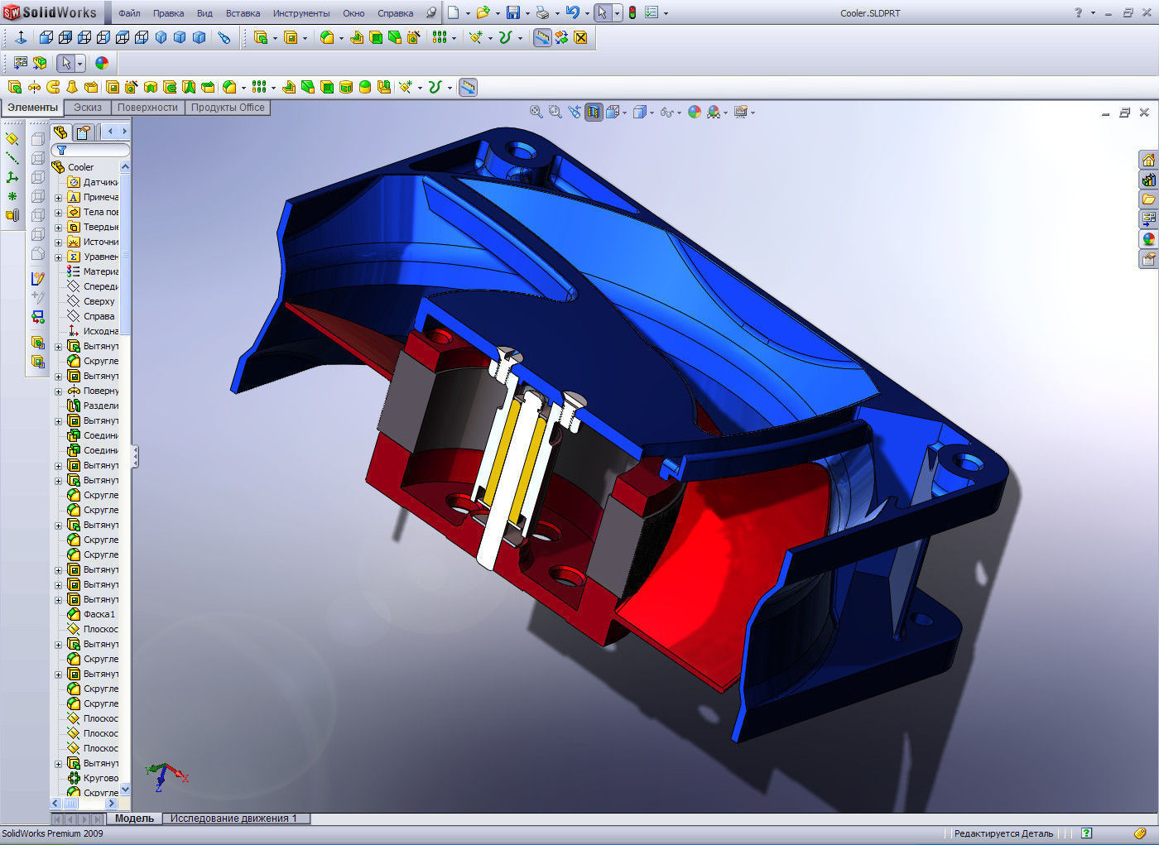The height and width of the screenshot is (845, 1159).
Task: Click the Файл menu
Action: [129, 13]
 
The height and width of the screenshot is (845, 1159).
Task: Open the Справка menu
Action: [395, 13]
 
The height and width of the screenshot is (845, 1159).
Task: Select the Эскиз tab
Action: [87, 108]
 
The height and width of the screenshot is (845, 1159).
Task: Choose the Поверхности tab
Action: [147, 108]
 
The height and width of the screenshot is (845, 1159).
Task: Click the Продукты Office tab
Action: [228, 108]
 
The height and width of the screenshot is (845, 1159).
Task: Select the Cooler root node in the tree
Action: [80, 167]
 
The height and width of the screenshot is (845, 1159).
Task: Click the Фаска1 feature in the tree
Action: [99, 614]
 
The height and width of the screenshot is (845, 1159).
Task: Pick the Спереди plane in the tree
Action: [100, 286]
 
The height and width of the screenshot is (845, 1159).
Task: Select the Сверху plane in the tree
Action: [99, 301]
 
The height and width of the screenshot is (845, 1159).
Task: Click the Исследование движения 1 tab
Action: [233, 819]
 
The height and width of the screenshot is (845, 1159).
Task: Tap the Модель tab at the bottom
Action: [134, 819]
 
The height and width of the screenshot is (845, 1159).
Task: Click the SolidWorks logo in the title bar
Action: [51, 12]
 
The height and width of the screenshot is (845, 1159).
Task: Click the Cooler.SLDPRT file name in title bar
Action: [869, 13]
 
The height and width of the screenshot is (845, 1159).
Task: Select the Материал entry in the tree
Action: [100, 271]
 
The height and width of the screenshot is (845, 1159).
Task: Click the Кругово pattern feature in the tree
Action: [100, 778]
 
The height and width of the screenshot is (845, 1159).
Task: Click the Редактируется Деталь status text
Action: [1003, 833]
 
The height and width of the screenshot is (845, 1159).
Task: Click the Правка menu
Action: [168, 13]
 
